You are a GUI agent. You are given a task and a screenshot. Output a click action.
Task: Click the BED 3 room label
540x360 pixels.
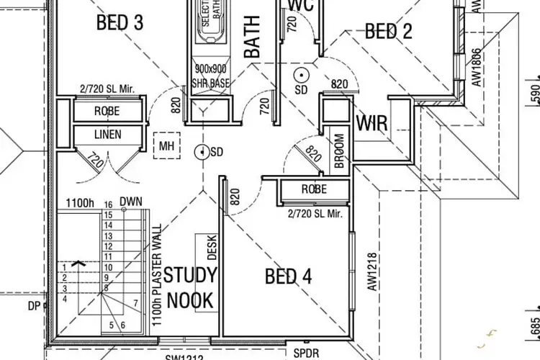coord(120,22)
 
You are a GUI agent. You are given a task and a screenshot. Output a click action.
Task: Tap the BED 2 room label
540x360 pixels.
coord(388,31)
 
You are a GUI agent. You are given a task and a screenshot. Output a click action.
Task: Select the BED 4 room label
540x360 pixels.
coord(288,276)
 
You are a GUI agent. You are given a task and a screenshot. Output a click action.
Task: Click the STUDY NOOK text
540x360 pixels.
coord(190,287)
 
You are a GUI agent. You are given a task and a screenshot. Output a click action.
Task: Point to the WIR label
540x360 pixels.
coord(372,123)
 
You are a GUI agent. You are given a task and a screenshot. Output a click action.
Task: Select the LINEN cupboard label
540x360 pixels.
coord(107,135)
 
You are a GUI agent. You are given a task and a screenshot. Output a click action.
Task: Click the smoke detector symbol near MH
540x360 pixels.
coord(203,152)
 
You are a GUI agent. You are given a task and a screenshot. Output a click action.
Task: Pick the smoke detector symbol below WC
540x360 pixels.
coord(301,73)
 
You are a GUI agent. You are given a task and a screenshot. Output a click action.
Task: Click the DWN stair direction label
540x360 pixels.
coord(130,202)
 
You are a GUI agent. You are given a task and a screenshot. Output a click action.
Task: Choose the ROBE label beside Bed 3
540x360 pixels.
coord(107,112)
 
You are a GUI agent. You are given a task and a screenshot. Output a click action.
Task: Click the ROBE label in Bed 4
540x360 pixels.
coord(314,189)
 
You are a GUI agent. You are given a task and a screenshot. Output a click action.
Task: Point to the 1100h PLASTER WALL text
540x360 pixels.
coord(156,275)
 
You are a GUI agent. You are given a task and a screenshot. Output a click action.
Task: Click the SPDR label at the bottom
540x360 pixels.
coord(307,354)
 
